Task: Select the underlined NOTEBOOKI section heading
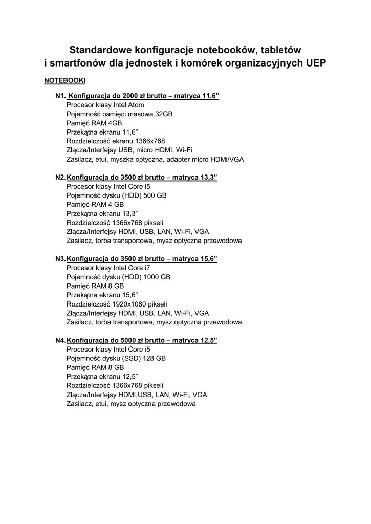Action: (64, 81)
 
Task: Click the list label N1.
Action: (61, 96)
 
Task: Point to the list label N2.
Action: (60, 177)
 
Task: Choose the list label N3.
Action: (60, 258)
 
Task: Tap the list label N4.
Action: (60, 340)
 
